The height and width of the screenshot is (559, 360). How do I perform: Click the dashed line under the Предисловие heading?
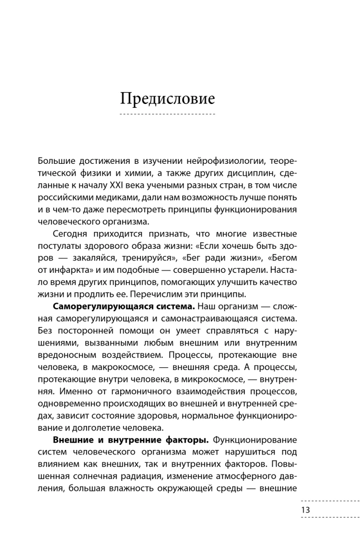click(x=168, y=114)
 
